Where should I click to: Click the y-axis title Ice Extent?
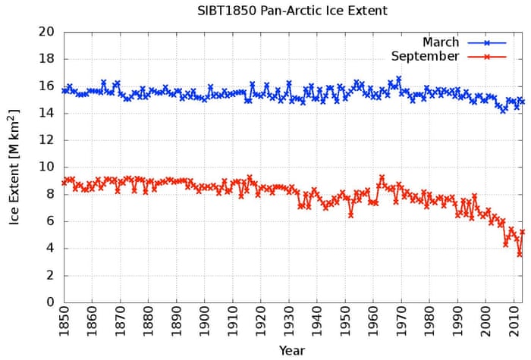[x=14, y=167]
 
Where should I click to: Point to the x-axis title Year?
[x=291, y=350]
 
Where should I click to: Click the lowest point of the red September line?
[x=520, y=255]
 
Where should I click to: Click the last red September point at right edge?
[x=523, y=232]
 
